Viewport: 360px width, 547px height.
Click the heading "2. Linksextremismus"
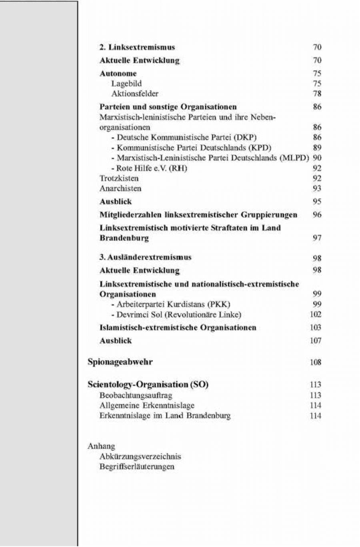pyautogui.click(x=137, y=47)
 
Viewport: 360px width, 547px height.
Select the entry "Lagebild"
pyautogui.click(x=126, y=84)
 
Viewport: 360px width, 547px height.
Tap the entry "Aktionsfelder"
pyautogui.click(x=135, y=94)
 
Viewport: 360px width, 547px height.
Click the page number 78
pyautogui.click(x=317, y=94)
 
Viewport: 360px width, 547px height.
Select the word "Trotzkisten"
pyautogui.click(x=119, y=178)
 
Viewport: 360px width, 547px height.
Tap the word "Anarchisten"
pyautogui.click(x=120, y=188)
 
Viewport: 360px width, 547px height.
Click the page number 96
pyautogui.click(x=317, y=215)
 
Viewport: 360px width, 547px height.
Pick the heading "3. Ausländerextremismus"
pyautogui.click(x=145, y=257)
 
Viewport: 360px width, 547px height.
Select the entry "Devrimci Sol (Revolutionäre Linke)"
pyautogui.click(x=179, y=315)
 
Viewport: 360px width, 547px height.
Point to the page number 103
pyautogui.click(x=316, y=327)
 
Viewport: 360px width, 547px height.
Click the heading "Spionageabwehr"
pyautogui.click(x=120, y=362)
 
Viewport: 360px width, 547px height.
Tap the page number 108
pyautogui.click(x=316, y=362)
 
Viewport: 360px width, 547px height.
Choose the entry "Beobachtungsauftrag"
pyautogui.click(x=136, y=395)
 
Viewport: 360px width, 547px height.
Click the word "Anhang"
pyautogui.click(x=101, y=446)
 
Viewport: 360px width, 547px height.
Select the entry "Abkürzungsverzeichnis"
pyautogui.click(x=140, y=456)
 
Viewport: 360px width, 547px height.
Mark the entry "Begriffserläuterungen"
pyautogui.click(x=137, y=467)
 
